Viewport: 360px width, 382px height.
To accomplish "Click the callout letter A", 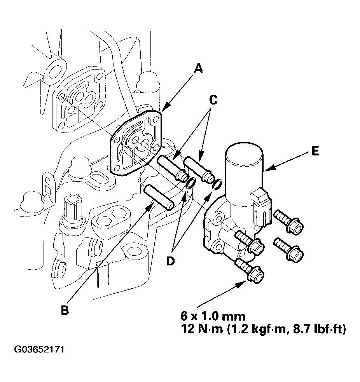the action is (199, 68).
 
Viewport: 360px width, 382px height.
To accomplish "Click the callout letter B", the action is (65, 310).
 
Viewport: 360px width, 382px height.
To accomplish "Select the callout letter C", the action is (213, 100).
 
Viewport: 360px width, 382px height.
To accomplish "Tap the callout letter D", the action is (171, 261).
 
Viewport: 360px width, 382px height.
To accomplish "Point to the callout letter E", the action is (315, 151).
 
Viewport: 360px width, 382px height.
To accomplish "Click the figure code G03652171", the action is (39, 349).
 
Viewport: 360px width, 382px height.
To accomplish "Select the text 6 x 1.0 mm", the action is (213, 316).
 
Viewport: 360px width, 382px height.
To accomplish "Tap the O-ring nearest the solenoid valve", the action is (217, 184).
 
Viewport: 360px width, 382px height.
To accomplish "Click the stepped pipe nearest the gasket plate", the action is (173, 168).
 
